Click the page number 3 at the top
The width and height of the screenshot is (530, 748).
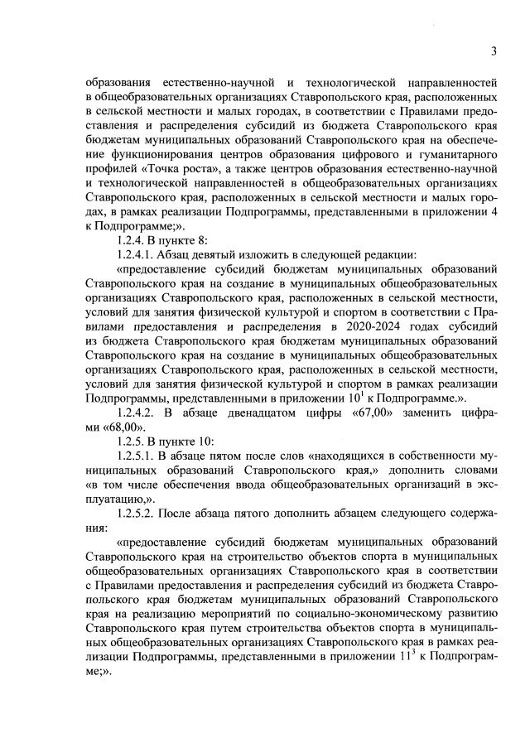(493, 51)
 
